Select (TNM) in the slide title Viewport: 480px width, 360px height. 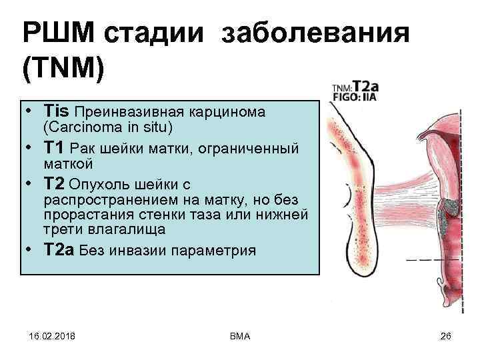tap(63, 70)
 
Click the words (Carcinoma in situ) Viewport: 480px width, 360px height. tap(107, 127)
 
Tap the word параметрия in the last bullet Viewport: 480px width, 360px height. tap(214, 251)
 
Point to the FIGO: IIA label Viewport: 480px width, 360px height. tap(357, 96)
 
